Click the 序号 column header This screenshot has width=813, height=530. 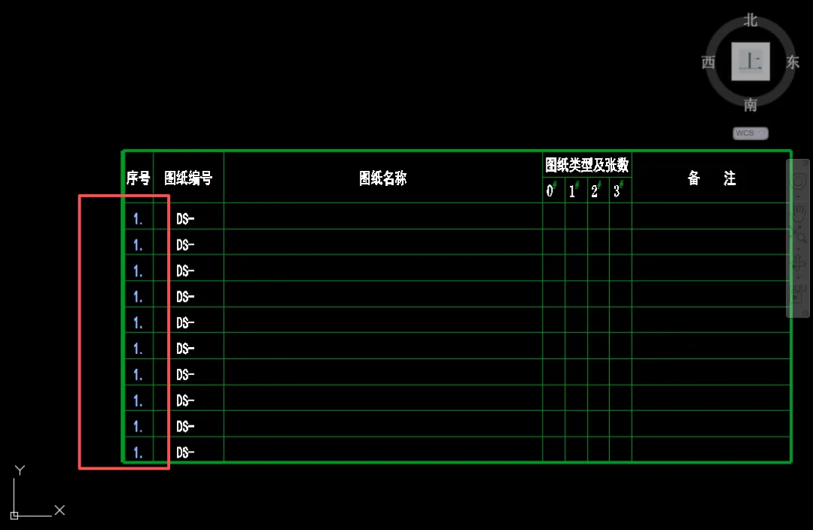[x=138, y=178]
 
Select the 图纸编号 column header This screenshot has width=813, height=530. [x=188, y=178]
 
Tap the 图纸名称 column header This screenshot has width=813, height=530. [x=382, y=178]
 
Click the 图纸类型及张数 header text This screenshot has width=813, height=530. [x=587, y=165]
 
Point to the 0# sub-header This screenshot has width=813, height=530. [x=551, y=190]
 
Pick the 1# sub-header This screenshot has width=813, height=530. [x=574, y=190]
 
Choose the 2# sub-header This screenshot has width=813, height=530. [x=595, y=190]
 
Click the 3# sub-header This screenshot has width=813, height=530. [x=618, y=190]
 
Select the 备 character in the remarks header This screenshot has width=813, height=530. [x=694, y=178]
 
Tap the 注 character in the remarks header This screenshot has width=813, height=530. [x=729, y=178]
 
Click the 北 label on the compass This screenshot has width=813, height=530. [x=751, y=20]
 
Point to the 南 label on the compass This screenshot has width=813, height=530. [x=751, y=105]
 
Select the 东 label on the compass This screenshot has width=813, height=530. [x=793, y=62]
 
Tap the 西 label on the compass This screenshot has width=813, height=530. [x=708, y=62]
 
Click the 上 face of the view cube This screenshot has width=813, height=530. [x=751, y=62]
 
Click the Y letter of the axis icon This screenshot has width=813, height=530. [x=20, y=471]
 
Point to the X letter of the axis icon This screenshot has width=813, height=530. [x=59, y=510]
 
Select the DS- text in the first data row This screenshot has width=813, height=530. [x=185, y=219]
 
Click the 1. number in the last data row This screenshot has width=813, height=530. [x=138, y=452]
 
